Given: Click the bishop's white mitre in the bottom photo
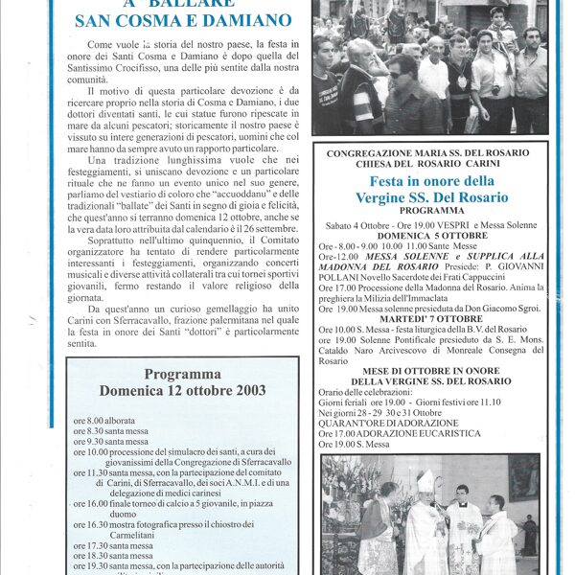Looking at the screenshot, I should pyautogui.click(x=424, y=480).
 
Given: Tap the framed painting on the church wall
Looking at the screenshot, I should pyautogui.click(x=523, y=476).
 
